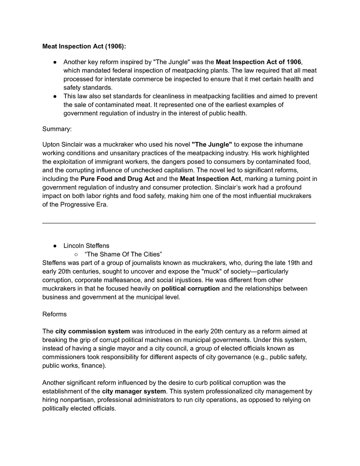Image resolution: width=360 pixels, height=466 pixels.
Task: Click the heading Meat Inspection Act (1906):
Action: [x=87, y=46]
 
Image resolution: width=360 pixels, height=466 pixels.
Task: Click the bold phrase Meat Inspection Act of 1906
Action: [x=258, y=62]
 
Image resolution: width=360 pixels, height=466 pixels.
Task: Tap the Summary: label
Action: [x=57, y=129]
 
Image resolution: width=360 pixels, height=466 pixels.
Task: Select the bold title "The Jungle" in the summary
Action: [x=211, y=144]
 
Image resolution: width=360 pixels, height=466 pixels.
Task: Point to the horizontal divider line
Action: [x=179, y=223]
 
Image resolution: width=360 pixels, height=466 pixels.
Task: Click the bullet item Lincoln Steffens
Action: [x=86, y=246]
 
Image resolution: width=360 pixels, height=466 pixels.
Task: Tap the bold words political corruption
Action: [x=190, y=289]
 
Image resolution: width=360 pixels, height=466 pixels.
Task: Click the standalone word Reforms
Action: [x=54, y=314]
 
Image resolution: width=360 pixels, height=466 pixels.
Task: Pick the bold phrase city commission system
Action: [x=92, y=331]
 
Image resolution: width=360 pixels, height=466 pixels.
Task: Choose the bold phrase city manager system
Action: [x=134, y=392]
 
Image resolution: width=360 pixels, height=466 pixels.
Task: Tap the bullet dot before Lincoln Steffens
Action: [x=55, y=246]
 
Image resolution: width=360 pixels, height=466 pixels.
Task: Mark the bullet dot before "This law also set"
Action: [x=55, y=97]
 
